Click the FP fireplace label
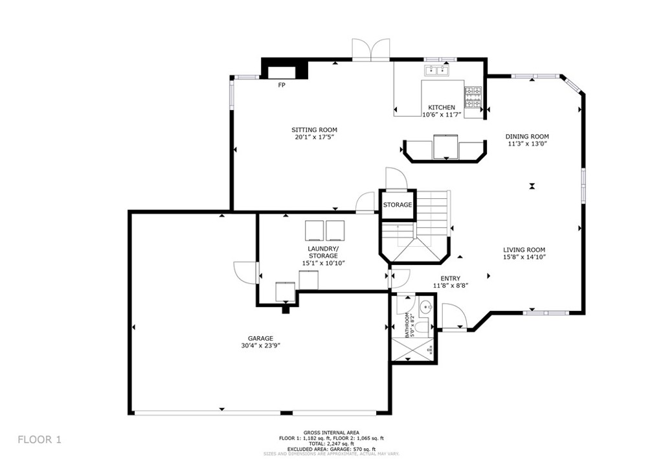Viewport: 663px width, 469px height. (x=282, y=86)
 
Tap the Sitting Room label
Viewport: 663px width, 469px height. (x=314, y=130)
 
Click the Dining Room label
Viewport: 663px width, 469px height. (x=527, y=137)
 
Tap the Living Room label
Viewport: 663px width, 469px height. (x=524, y=250)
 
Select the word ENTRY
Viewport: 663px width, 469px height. (x=450, y=279)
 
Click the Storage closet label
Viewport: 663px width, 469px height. (x=397, y=205)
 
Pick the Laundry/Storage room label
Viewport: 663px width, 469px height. (x=322, y=252)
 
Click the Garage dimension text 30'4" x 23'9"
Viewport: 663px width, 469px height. (x=260, y=346)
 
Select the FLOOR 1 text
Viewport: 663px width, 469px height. (x=39, y=439)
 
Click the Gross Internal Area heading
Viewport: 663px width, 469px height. (x=331, y=433)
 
